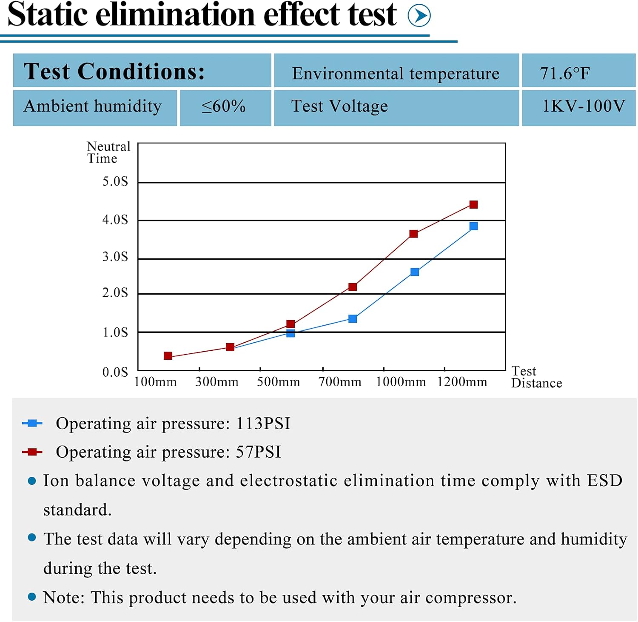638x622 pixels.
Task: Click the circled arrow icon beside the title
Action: pyautogui.click(x=419, y=16)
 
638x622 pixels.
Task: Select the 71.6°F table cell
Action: pyautogui.click(x=578, y=71)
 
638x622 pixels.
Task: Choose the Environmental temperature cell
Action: pyautogui.click(x=396, y=71)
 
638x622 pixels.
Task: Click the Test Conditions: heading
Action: pyautogui.click(x=114, y=71)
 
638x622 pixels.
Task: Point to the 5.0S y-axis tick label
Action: pyautogui.click(x=115, y=181)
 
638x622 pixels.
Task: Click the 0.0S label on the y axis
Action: pyautogui.click(x=115, y=372)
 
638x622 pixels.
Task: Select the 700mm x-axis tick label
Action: pyautogui.click(x=340, y=381)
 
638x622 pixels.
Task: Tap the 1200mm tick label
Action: pyautogui.click(x=462, y=381)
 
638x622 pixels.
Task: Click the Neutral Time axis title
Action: pyautogui.click(x=108, y=152)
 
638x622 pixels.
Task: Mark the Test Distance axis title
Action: pyautogui.click(x=536, y=377)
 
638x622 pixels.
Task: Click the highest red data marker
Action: pyautogui.click(x=473, y=205)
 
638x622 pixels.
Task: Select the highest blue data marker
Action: pyautogui.click(x=473, y=226)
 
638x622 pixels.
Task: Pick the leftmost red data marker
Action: pyautogui.click(x=168, y=355)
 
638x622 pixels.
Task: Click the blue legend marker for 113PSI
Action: pyautogui.click(x=32, y=423)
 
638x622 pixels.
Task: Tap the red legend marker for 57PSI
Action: pyautogui.click(x=32, y=452)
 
